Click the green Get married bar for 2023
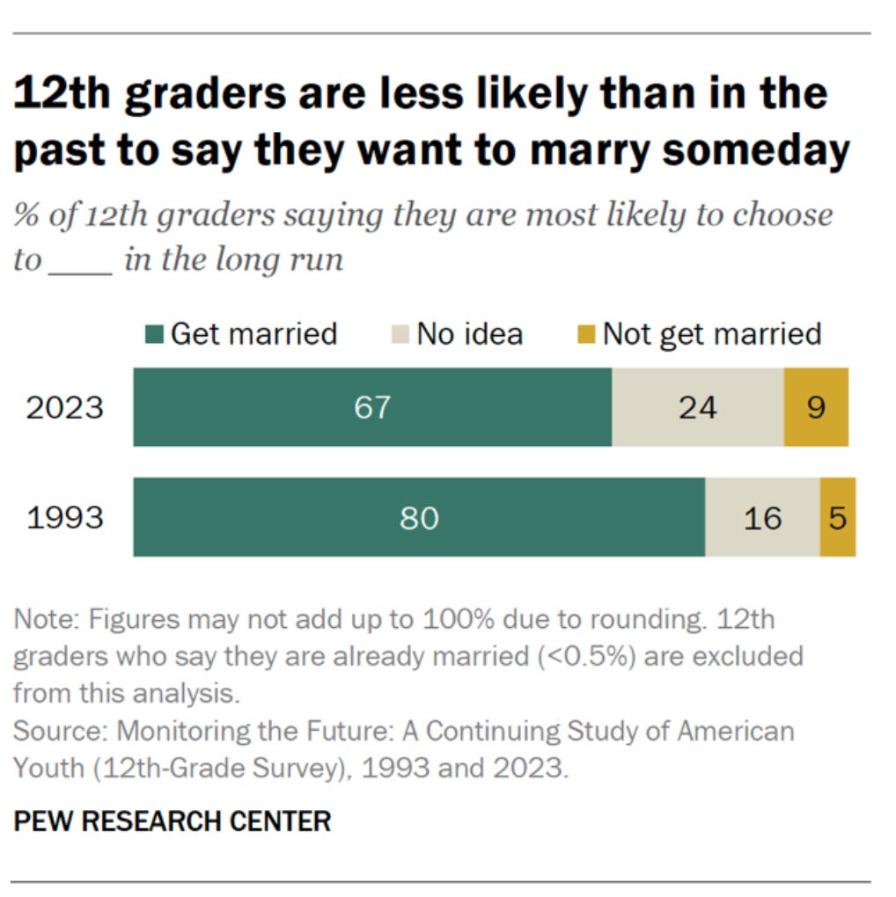tap(264, 407)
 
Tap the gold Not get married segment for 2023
tap(816, 407)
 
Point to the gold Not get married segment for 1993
tap(837, 517)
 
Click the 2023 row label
tap(64, 408)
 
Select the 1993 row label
tap(64, 518)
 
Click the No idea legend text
tap(469, 334)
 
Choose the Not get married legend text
tap(711, 334)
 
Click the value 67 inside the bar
tap(372, 408)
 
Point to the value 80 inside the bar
tap(418, 518)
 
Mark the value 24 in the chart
tap(697, 408)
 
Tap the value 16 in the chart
tap(762, 518)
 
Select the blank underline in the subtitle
tap(80, 261)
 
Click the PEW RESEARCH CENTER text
tap(173, 821)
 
